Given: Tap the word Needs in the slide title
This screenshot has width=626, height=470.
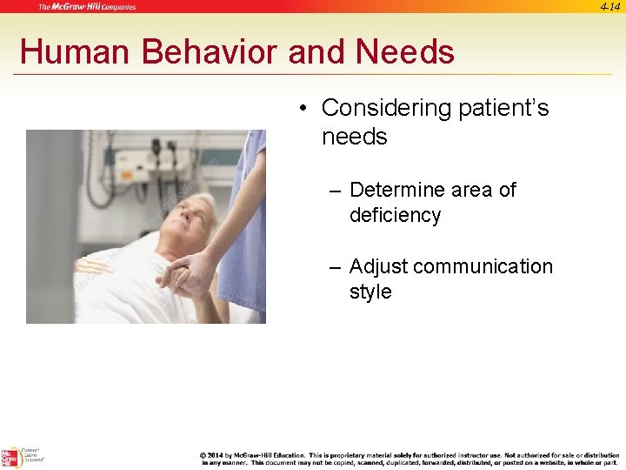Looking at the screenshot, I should tap(404, 52).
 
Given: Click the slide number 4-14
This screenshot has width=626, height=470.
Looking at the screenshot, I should tap(609, 6).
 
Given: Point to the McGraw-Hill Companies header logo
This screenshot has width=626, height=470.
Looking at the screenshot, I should tap(87, 7).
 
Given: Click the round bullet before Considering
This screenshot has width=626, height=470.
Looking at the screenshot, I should tap(301, 109).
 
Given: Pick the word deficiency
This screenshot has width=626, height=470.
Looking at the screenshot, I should tap(395, 215).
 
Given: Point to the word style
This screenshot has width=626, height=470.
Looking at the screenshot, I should tap(370, 292).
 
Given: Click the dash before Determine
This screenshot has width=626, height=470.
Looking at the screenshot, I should tap(335, 190).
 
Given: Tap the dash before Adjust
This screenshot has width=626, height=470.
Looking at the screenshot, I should tap(335, 266).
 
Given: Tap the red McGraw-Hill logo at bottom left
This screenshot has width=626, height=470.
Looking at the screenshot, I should tap(10, 458).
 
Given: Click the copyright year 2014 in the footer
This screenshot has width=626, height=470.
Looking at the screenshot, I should tap(216, 454).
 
